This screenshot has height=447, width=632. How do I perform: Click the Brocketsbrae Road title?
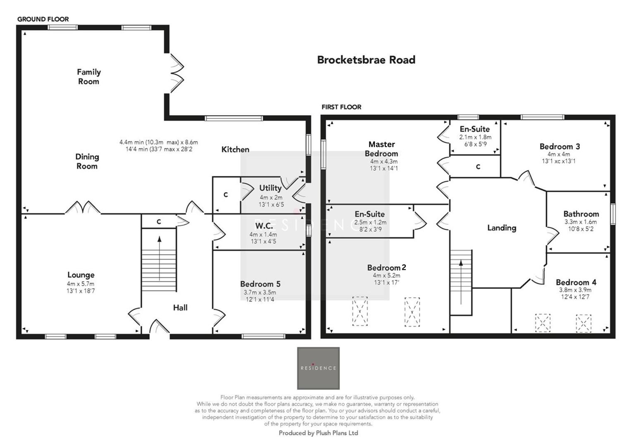tap(366, 60)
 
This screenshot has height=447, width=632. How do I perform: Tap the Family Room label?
tap(89, 77)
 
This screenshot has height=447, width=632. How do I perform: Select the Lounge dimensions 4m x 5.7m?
tap(81, 284)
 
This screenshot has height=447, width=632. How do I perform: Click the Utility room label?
tap(270, 188)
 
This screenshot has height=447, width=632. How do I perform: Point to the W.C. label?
tap(263, 226)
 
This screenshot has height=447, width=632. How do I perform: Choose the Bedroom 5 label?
tap(260, 284)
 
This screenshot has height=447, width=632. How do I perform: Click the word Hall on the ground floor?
tap(180, 308)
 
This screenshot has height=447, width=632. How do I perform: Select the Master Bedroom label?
tap(381, 149)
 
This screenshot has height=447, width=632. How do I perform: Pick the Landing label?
tap(501, 228)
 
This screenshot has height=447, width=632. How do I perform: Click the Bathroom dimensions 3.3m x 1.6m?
tap(581, 222)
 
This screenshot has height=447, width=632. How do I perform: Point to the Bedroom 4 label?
tap(576, 282)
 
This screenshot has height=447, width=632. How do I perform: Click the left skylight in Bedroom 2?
tap(359, 311)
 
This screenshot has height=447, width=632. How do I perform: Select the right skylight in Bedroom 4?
tap(583, 323)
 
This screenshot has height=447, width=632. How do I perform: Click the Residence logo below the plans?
tap(318, 368)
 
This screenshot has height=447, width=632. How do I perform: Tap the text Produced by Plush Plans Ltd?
tap(318, 433)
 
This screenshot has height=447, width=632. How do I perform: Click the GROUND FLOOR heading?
tap(43, 19)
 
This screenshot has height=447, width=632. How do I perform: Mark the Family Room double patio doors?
tap(176, 73)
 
